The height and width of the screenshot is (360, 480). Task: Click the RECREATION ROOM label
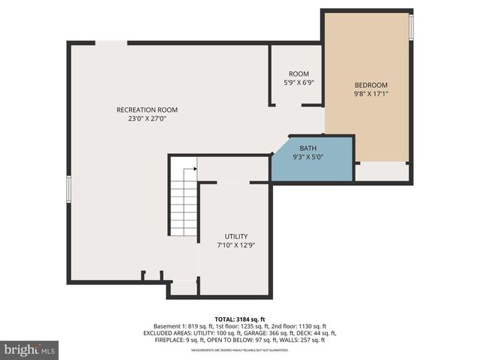pos(147,110)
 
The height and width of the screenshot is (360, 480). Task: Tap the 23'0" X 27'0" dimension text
pos(147,118)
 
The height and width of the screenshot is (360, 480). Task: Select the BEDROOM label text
pos(370,85)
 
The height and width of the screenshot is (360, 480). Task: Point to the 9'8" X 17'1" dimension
pos(370,94)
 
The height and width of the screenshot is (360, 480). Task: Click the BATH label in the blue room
pos(307,148)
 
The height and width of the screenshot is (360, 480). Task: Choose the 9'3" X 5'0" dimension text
pos(307,157)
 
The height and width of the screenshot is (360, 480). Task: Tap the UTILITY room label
pos(235,236)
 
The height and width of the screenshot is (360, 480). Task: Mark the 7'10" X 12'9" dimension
pos(235,245)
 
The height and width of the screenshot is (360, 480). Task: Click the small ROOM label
pos(298,73)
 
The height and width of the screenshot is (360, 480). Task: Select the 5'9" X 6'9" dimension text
pos(298,82)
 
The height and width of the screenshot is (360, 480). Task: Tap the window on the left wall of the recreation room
pos(69,188)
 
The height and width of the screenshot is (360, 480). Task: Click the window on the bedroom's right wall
pos(411,27)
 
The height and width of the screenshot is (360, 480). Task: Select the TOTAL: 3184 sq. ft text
pos(239,319)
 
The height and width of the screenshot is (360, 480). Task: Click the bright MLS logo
pos(30,349)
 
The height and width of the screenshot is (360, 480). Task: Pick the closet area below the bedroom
pos(382,171)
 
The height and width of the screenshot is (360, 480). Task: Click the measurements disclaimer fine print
pos(239,349)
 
